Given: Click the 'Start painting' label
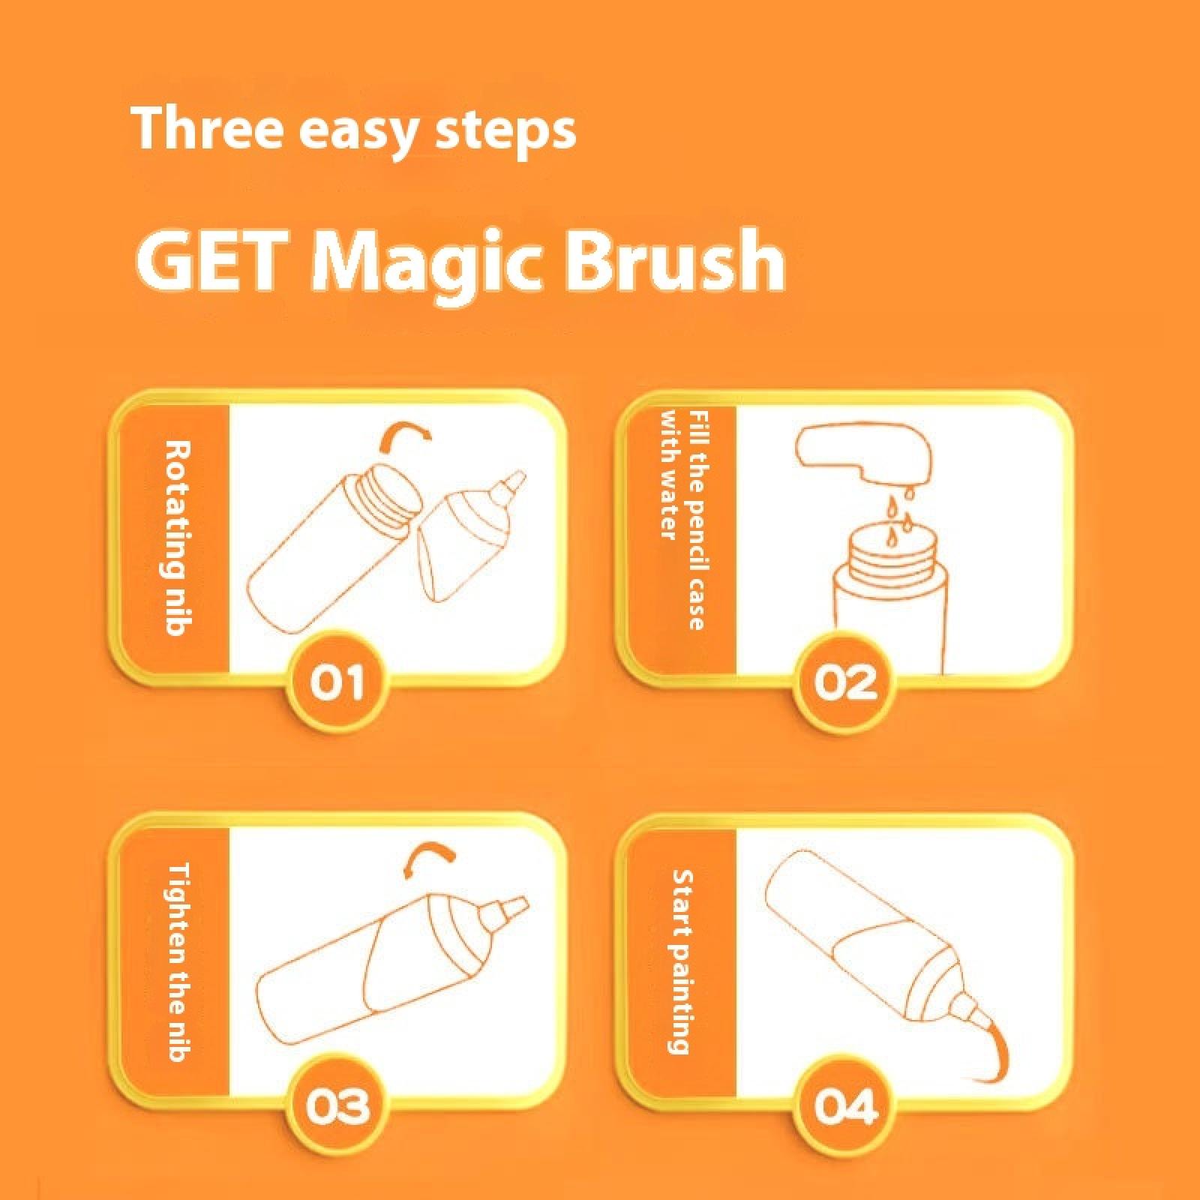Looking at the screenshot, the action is click(680, 961).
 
